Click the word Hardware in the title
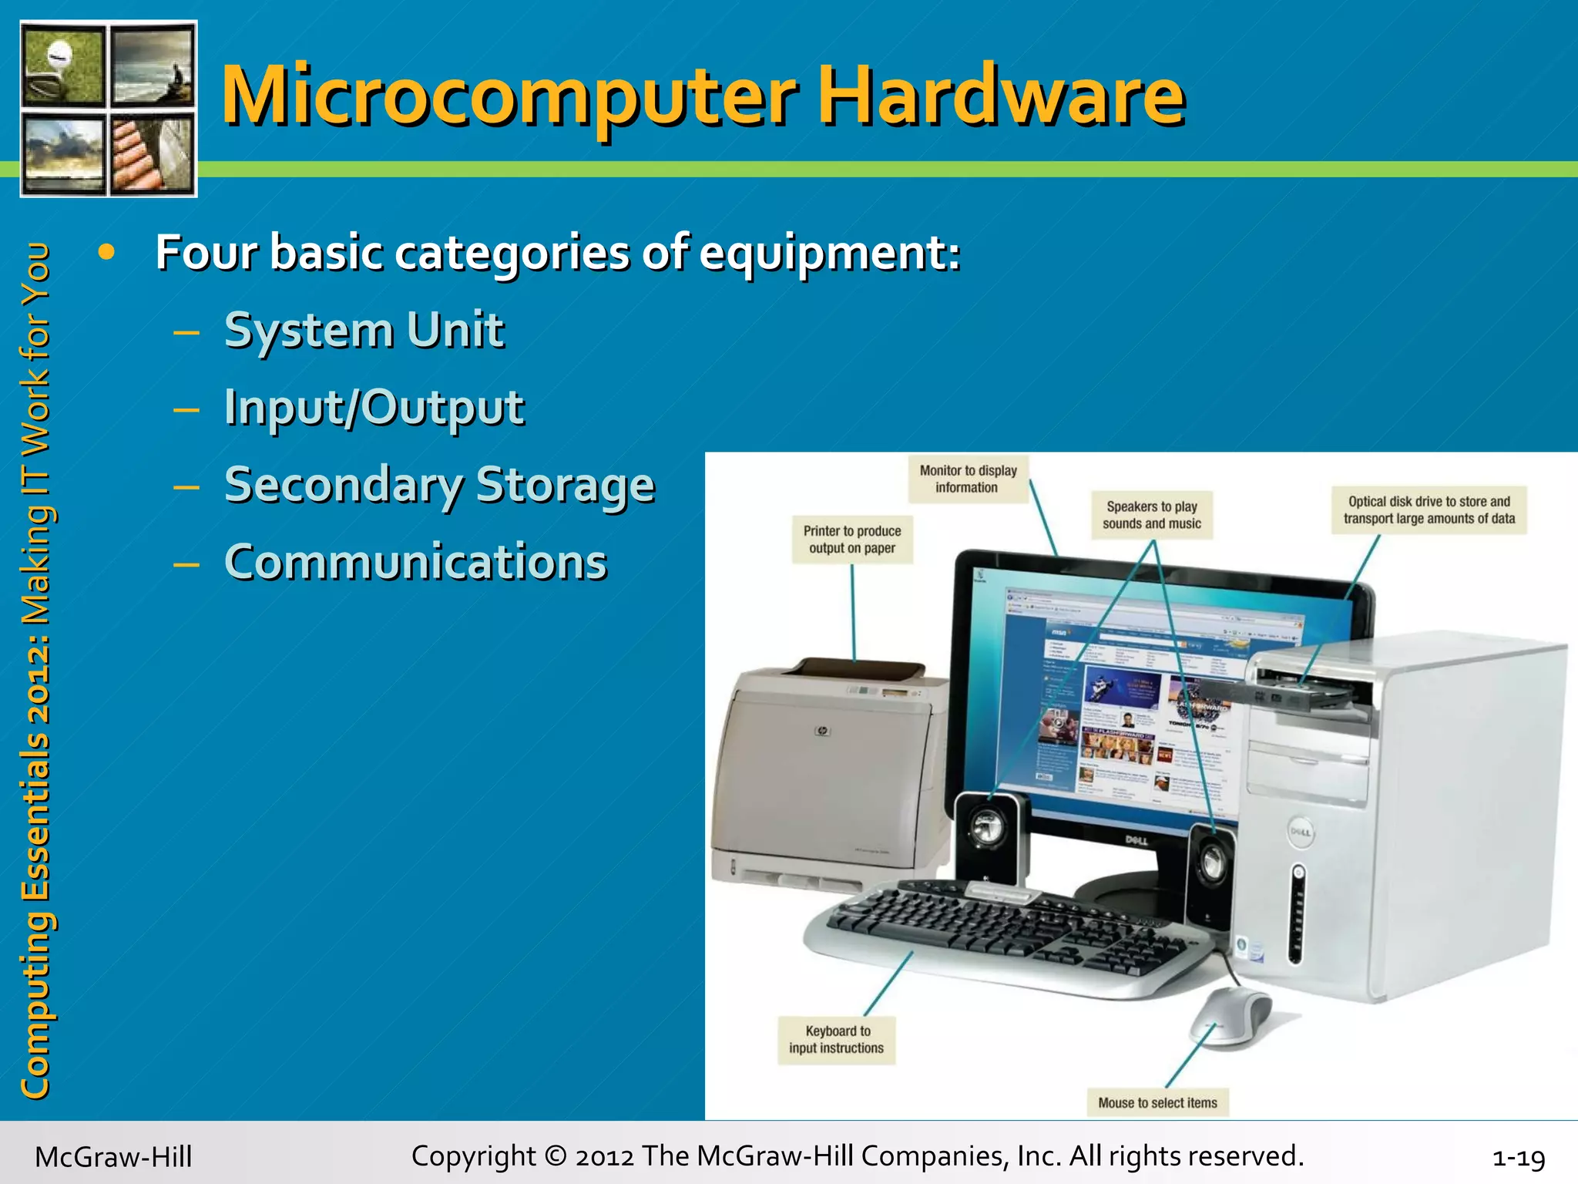pos(1000,96)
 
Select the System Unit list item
pos(364,331)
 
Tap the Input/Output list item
pos(374,408)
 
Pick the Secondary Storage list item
pos(439,485)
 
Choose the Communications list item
pos(415,562)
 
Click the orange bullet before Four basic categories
pos(106,252)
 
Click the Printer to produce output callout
pos(851,540)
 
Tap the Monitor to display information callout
pos(968,479)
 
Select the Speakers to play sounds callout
pos(1151,515)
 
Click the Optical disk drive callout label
pos(1429,510)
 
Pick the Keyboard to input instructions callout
pos(837,1039)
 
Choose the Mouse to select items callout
pos(1157,1102)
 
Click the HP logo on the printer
pos(822,730)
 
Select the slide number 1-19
pos(1518,1157)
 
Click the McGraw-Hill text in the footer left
pos(113,1157)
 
